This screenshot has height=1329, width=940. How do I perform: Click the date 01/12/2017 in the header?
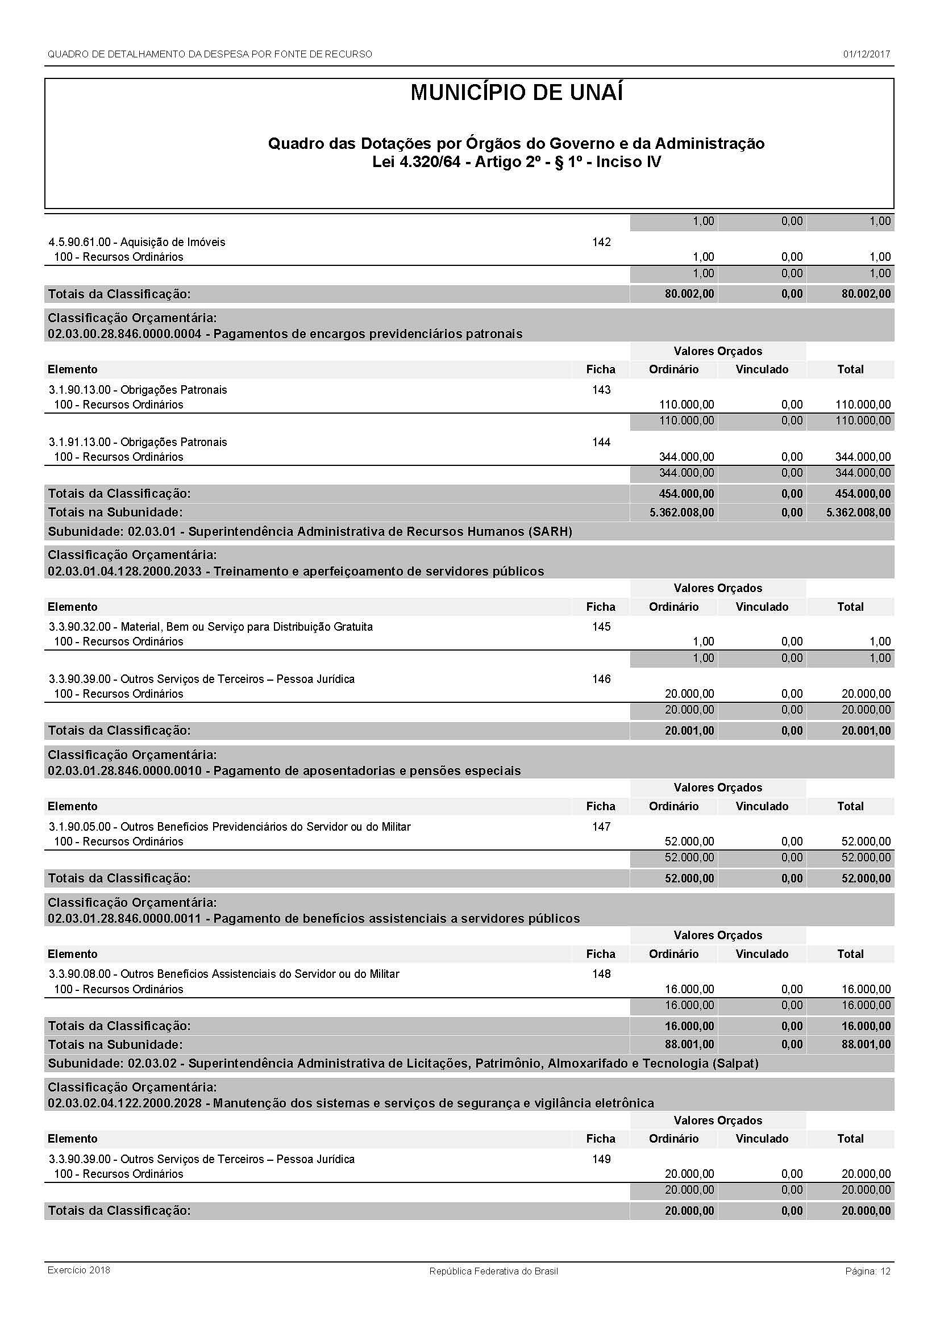point(866,55)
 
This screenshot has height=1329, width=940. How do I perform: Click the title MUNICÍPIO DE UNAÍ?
point(516,93)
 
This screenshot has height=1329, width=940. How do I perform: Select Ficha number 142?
point(601,242)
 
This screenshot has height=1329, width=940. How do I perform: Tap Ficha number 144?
point(601,442)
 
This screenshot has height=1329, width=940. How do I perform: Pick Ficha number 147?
point(601,827)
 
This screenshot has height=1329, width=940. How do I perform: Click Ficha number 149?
point(601,1159)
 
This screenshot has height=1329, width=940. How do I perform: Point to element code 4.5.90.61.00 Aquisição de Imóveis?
point(137,242)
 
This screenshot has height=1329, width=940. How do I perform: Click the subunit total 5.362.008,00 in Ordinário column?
point(681,513)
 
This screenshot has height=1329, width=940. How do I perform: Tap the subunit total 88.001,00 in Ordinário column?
point(689,1044)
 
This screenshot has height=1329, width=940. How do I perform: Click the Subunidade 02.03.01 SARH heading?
point(310,531)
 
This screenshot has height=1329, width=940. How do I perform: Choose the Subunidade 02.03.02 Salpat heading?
point(403,1063)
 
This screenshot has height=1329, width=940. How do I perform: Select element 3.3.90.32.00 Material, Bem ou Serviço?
point(211,627)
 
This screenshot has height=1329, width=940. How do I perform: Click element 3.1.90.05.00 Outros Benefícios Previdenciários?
point(230,827)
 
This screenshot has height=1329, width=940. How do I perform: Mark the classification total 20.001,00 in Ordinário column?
point(689,731)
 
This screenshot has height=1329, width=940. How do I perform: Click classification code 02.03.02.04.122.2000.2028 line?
point(351,1103)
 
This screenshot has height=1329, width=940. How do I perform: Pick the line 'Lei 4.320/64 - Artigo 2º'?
point(516,162)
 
